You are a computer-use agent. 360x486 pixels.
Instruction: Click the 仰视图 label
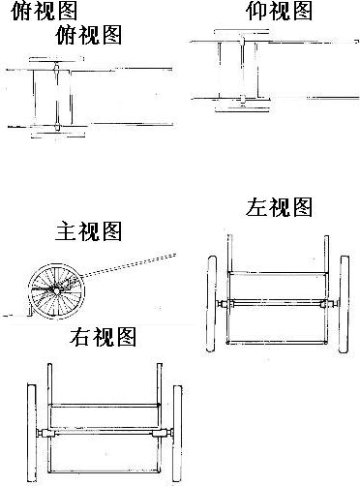point(279,12)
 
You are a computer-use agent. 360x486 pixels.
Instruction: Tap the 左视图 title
point(279,207)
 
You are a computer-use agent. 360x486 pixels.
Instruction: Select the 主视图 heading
point(88,230)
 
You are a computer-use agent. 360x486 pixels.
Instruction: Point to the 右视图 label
point(103,337)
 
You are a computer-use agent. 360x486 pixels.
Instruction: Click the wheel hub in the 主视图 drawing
point(56,290)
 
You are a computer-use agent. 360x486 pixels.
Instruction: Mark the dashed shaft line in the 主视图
point(128,265)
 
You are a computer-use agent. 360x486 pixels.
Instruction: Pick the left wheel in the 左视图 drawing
point(212,304)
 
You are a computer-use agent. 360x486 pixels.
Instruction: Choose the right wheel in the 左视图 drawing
point(344,304)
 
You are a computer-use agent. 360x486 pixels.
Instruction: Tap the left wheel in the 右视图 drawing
point(32,433)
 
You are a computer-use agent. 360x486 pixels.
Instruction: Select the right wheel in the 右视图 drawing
point(177,433)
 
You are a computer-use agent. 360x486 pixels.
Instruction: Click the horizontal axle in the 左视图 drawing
point(278,303)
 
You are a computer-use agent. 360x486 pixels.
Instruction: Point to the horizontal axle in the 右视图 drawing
point(105,433)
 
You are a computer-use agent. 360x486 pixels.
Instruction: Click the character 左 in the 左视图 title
point(256,207)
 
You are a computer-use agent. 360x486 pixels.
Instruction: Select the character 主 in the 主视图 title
point(66,231)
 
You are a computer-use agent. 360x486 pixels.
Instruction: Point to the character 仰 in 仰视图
point(256,12)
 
